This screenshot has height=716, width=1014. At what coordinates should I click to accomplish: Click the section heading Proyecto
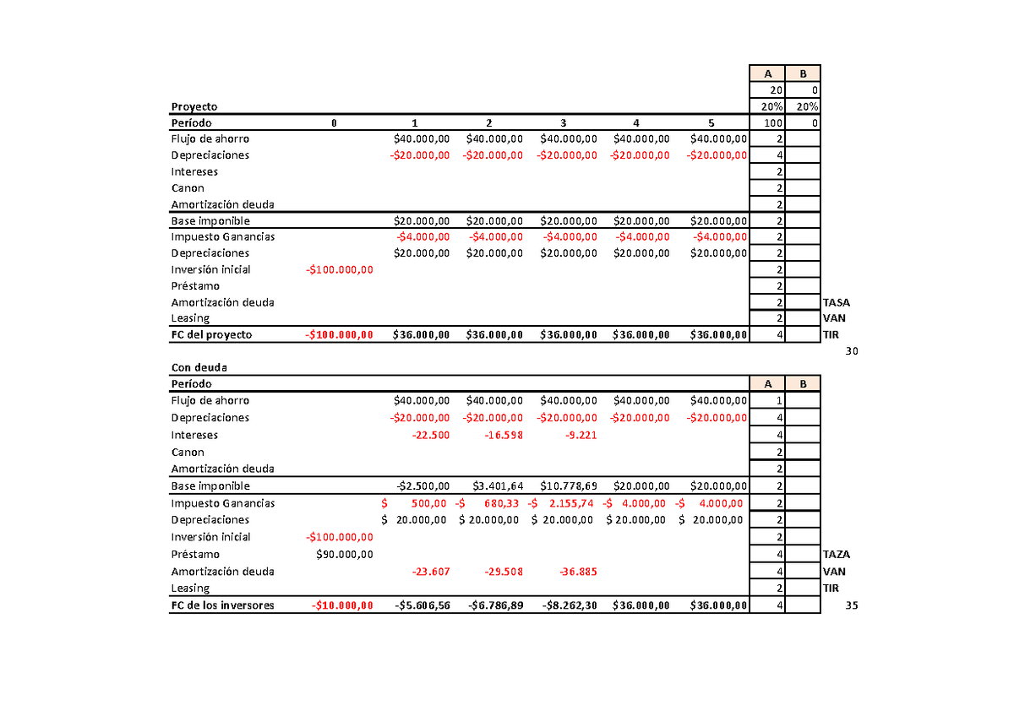[x=194, y=107]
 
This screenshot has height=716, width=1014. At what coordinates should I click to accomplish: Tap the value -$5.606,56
[x=422, y=605]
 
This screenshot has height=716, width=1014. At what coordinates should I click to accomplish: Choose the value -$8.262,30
[x=568, y=605]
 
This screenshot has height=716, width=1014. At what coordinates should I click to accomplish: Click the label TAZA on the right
[x=837, y=555]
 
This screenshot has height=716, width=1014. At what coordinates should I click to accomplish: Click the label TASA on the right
[x=837, y=302]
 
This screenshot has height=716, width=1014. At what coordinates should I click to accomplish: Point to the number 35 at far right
[x=851, y=605]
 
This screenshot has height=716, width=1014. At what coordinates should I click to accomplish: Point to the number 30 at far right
[x=851, y=351]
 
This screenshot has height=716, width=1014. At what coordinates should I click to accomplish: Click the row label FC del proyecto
[x=211, y=335]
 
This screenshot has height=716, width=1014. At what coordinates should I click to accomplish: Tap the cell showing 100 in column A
[x=771, y=123]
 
